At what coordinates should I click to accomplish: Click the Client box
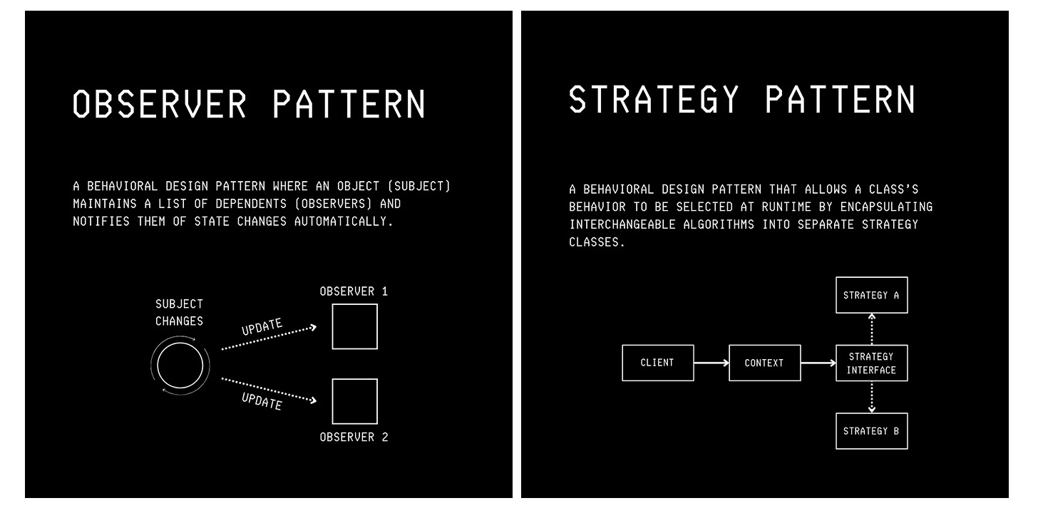click(657, 363)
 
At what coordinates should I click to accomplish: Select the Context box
click(764, 363)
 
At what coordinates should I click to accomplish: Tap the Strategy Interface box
click(871, 363)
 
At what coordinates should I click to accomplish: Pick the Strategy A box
click(871, 295)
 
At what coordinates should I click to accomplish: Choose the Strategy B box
click(871, 431)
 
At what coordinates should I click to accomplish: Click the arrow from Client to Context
click(711, 363)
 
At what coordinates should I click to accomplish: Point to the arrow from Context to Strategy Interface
click(818, 363)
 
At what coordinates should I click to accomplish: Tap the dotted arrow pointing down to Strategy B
click(871, 397)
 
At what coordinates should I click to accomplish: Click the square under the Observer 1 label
click(354, 326)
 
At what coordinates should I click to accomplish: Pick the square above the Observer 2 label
click(354, 401)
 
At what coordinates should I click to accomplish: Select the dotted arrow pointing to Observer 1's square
click(268, 338)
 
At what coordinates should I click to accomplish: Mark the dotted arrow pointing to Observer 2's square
click(268, 390)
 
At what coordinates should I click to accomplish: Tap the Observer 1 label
click(354, 291)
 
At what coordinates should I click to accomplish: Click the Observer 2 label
click(354, 437)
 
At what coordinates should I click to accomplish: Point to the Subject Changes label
click(180, 312)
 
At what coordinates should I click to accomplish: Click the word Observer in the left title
click(160, 104)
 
